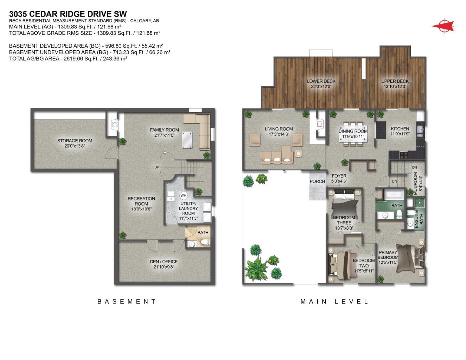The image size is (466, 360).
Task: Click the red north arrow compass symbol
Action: (443, 26)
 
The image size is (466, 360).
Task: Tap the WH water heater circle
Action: (183, 195)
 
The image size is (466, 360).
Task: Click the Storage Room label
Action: (75, 141)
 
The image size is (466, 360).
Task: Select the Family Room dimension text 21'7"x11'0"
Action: (164, 135)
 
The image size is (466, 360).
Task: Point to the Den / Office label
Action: (164, 262)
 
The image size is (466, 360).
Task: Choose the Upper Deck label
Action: (395, 81)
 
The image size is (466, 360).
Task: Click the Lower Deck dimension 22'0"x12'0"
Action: (321, 86)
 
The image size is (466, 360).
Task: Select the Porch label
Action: (317, 181)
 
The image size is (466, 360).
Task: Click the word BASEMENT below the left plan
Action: (127, 301)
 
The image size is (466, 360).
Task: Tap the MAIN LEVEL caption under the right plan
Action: (334, 301)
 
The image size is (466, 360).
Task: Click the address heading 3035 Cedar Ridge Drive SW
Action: (68, 14)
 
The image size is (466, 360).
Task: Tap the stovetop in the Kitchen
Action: (403, 154)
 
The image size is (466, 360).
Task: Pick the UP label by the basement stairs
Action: (157, 167)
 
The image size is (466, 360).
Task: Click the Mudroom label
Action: (415, 183)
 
